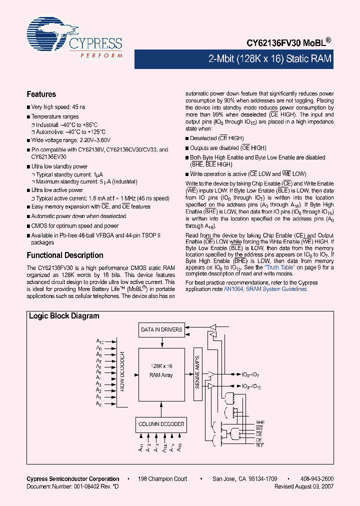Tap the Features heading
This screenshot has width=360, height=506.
(41, 94)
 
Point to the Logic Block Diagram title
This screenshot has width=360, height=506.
(64, 316)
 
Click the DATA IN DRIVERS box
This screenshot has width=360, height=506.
(161, 329)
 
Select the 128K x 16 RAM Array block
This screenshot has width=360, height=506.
(161, 370)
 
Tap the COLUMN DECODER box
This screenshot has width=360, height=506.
(161, 424)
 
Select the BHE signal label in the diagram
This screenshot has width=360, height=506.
(259, 422)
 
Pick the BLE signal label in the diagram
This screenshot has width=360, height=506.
(259, 445)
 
